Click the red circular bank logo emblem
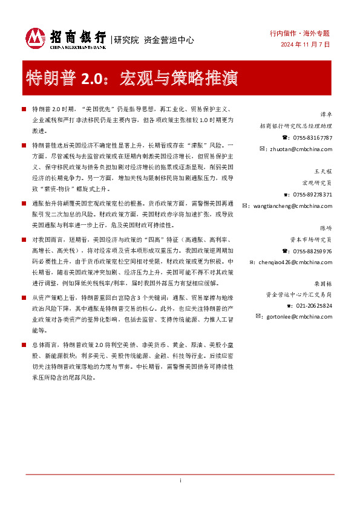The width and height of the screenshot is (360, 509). (35, 39)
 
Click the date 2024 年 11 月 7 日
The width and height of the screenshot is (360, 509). (305, 45)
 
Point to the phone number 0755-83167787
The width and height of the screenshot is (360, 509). (312, 138)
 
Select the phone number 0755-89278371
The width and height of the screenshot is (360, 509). (312, 195)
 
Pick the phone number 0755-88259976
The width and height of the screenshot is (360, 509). (312, 251)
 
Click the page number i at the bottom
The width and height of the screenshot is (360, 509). (180, 498)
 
